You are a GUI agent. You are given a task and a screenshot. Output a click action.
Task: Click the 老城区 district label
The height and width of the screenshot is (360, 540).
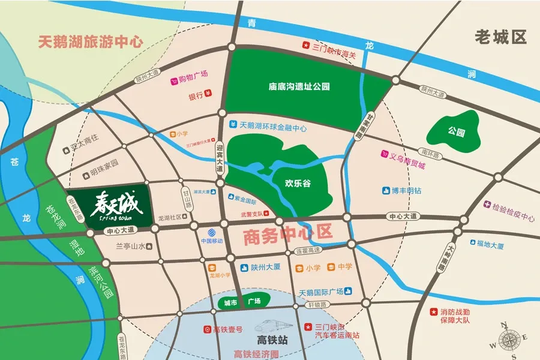(500, 37)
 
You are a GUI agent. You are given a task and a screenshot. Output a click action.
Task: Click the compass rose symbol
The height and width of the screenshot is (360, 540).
(507, 340)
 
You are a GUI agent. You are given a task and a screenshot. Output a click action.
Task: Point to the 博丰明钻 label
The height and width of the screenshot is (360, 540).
(406, 191)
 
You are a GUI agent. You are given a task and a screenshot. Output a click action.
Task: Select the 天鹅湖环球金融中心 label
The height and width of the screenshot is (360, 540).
(273, 127)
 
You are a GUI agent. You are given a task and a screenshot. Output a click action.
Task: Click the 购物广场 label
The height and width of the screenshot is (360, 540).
(193, 74)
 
